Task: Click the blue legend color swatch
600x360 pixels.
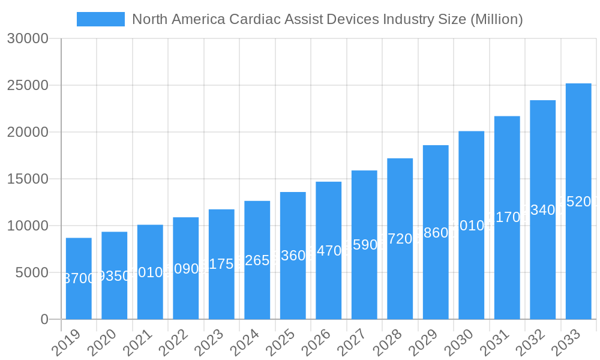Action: (101, 19)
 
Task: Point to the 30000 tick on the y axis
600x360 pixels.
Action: (28, 38)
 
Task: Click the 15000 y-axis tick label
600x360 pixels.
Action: (28, 179)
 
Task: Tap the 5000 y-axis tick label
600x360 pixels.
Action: (31, 272)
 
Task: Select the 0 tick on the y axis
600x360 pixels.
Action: (44, 319)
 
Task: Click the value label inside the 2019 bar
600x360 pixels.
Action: (79, 278)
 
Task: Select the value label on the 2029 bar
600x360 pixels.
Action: (436, 233)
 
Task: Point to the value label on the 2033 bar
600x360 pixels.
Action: (578, 202)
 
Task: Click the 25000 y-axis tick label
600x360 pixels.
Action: (28, 85)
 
